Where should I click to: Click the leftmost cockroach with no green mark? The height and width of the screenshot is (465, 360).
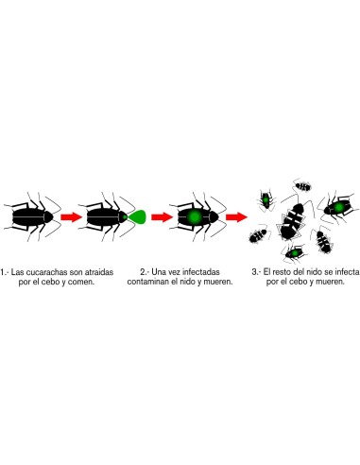tap(30, 216)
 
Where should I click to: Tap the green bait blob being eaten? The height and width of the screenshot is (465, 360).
tap(137, 216)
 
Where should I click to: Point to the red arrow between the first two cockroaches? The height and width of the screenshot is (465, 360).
tap(71, 216)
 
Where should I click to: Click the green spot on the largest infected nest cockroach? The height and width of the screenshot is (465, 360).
tap(337, 206)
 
